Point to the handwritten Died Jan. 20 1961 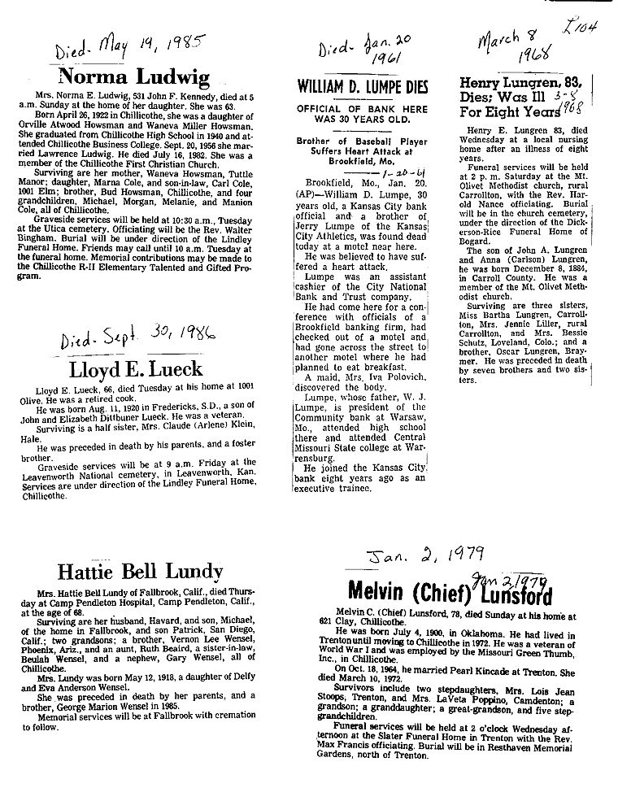click(357, 51)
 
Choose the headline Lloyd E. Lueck click(136, 369)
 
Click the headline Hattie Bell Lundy click(135, 571)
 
